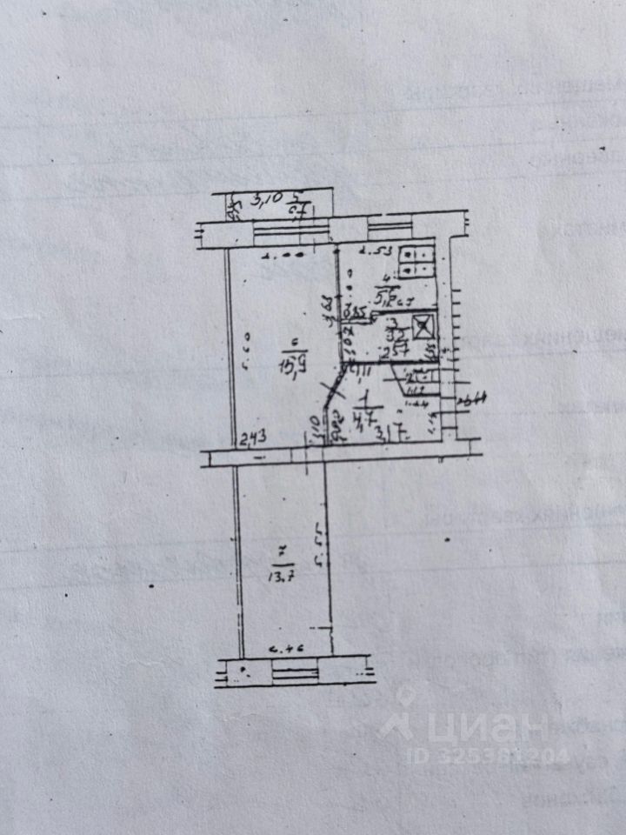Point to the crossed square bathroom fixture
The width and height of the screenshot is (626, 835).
pos(423,327)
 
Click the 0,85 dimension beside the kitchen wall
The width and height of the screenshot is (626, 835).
pos(353,311)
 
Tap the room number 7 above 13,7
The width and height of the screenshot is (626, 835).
pos(280,551)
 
